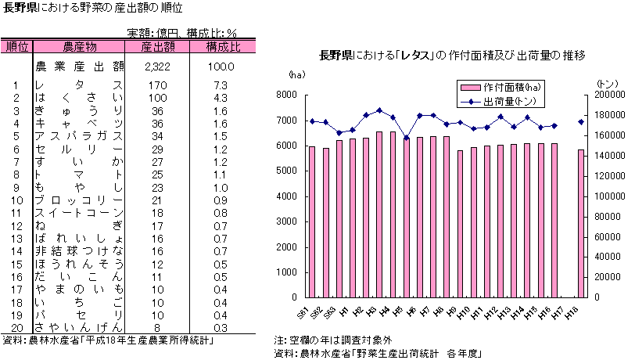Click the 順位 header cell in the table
pos(16,47)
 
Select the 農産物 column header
pos(80,47)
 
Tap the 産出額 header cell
pos(157,47)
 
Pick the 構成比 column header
pos(223,47)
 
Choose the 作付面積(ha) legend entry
pos(503,87)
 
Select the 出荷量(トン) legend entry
pos(503,101)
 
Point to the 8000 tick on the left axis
pos(286,95)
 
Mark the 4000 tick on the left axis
pos(286,196)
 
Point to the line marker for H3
pos(379,110)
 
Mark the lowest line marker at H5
pos(406,138)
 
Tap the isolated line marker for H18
pos(580,121)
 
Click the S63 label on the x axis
pos(329,311)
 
